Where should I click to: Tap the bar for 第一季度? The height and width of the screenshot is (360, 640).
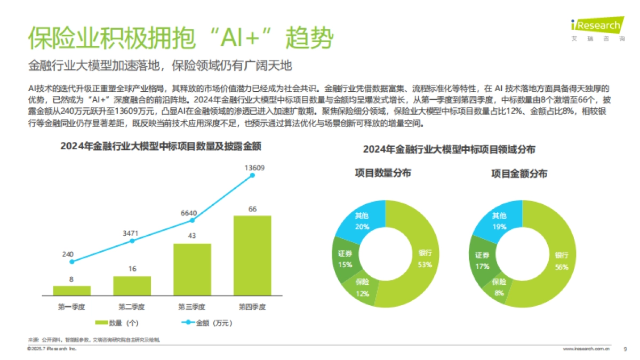click(x=72, y=290)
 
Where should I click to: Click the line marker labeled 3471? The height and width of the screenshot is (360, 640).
click(x=132, y=241)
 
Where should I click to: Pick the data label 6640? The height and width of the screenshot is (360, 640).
click(x=189, y=213)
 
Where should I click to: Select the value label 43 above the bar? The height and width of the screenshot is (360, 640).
click(x=193, y=235)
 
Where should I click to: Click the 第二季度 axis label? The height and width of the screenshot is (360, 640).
click(x=132, y=307)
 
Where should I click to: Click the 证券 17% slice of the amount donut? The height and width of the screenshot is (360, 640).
click(x=483, y=260)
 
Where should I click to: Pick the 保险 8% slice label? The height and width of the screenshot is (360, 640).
click(x=499, y=287)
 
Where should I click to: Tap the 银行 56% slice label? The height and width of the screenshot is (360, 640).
click(x=562, y=261)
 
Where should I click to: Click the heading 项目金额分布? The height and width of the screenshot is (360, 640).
click(x=519, y=174)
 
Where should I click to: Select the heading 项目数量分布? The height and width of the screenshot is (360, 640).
click(x=383, y=174)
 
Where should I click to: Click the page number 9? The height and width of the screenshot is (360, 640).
click(x=625, y=349)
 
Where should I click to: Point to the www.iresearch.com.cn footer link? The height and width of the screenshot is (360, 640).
click(x=586, y=349)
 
